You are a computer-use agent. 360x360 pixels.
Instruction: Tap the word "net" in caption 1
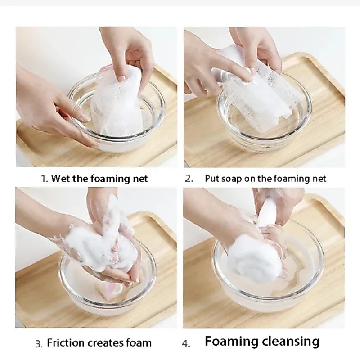click(x=140, y=179)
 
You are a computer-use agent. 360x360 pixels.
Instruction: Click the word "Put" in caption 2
click(x=211, y=178)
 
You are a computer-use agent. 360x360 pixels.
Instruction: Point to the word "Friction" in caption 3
click(x=65, y=343)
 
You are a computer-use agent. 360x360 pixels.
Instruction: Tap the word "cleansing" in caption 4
click(x=290, y=342)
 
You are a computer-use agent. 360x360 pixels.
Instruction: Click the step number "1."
click(x=44, y=179)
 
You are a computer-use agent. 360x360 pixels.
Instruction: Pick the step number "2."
click(x=189, y=179)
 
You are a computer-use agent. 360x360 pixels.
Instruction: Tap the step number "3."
click(x=39, y=344)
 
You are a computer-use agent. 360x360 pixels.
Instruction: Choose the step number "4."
click(x=186, y=344)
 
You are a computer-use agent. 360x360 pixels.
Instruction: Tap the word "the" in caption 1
click(x=80, y=178)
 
